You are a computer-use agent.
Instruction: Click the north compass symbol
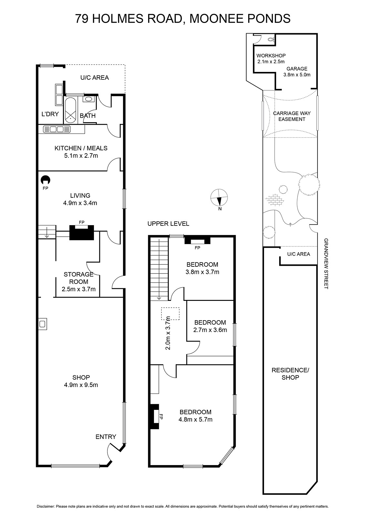click(x=219, y=197)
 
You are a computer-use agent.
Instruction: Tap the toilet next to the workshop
click(x=271, y=39)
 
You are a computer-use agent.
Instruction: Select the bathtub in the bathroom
click(x=70, y=110)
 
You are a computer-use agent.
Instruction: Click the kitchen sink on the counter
click(x=57, y=129)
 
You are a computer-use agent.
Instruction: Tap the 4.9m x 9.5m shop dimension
click(x=81, y=385)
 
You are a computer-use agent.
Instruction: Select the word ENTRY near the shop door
click(x=106, y=437)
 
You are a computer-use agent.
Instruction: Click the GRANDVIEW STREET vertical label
click(x=326, y=263)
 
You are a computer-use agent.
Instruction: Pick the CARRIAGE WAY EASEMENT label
click(x=292, y=116)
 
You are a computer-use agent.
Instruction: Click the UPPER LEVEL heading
click(x=168, y=223)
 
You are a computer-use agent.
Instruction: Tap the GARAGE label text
click(x=297, y=69)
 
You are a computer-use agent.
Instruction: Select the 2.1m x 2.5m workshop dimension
click(x=271, y=62)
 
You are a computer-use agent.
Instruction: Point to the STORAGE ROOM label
click(x=78, y=278)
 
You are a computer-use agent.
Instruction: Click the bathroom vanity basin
click(x=88, y=99)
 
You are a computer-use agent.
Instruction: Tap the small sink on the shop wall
click(x=42, y=324)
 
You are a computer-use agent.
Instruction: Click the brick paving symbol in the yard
click(x=273, y=199)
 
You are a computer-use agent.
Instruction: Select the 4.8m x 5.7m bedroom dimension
click(x=195, y=419)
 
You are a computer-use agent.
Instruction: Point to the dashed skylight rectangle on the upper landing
click(x=170, y=313)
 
